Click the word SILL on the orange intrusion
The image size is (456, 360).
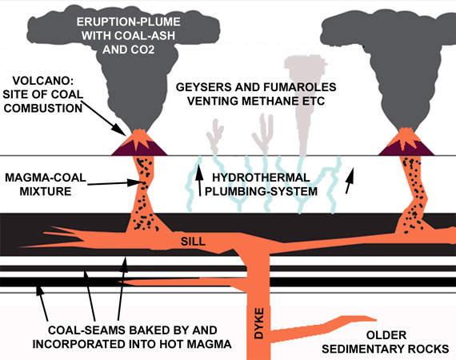[x=193, y=241]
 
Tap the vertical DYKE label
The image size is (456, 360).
[x=259, y=323]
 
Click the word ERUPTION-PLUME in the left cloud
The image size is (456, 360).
[x=128, y=22]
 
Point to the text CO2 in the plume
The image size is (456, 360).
[x=142, y=50]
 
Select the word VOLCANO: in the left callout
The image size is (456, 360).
[x=42, y=81]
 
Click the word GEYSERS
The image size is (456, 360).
[x=203, y=87]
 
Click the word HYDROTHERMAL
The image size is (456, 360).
[x=261, y=178]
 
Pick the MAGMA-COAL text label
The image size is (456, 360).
[x=46, y=178]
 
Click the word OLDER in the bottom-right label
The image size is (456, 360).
[x=386, y=335]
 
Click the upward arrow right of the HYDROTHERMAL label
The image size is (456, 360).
[x=350, y=180]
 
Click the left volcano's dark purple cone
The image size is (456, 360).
[x=139, y=149]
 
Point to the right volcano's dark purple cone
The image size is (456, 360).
[x=406, y=149]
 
